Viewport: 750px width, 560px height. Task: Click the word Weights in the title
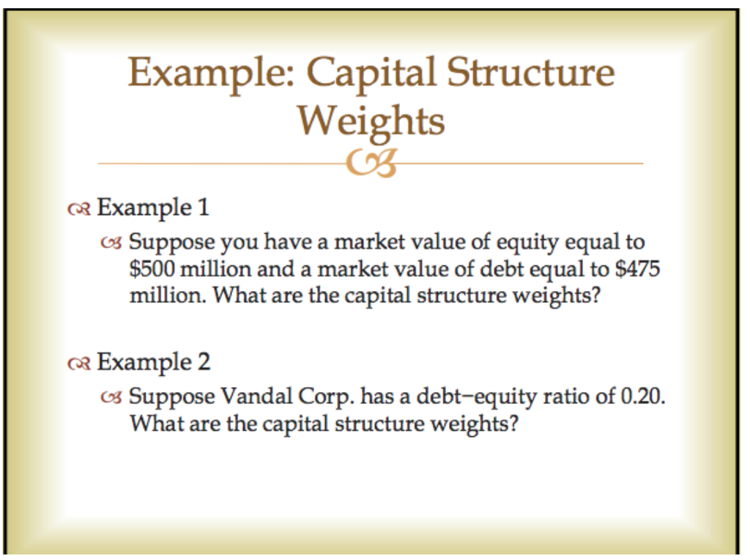371,121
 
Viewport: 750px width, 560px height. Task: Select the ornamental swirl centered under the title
375,163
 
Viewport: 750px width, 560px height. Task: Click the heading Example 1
153,207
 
